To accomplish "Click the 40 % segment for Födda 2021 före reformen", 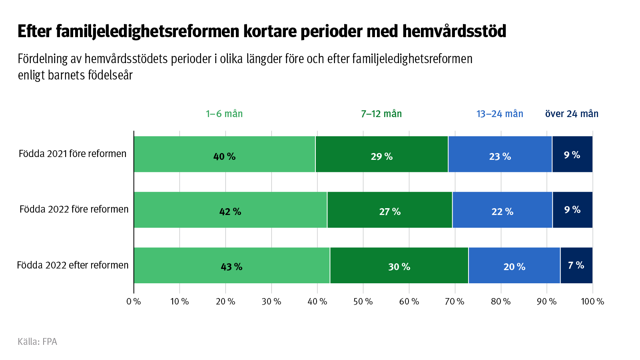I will coord(224,154).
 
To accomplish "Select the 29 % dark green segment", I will coord(382,154).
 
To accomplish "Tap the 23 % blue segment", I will coord(500,154).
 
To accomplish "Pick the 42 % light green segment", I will coord(230,210).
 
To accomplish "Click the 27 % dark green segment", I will coord(390,210).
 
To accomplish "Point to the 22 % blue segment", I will coord(502,210).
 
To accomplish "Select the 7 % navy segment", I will coord(576,265).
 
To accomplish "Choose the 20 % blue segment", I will coord(514,265).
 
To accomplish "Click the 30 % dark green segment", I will coord(399,265).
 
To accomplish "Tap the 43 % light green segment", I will coord(231,265).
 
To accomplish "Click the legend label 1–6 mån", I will coord(224,114).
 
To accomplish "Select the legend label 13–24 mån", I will coord(500,114).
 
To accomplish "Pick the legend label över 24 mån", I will coord(572,114).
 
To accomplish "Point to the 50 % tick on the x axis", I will coord(363,302).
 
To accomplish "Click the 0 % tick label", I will coord(134,302).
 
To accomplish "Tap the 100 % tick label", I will coord(592,302).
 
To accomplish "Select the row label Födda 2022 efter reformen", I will coord(73,265).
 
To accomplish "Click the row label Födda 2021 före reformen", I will coord(73,154).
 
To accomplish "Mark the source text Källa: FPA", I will coord(38,342).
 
